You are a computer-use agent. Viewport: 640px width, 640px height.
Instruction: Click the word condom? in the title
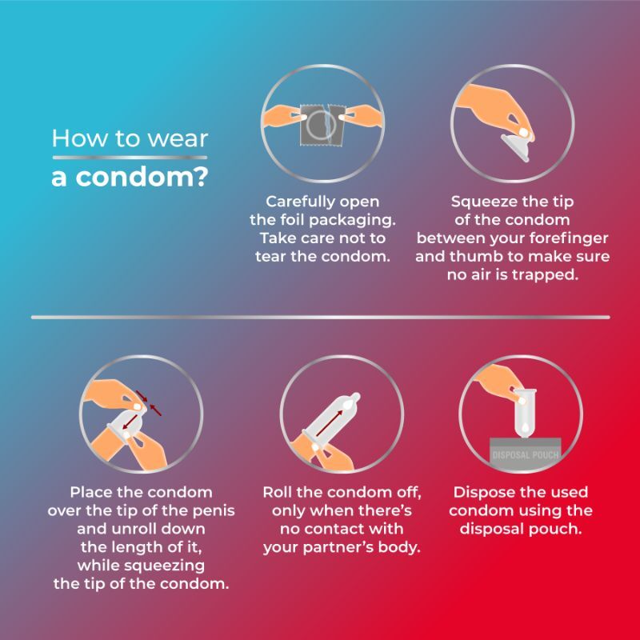pyautogui.click(x=142, y=177)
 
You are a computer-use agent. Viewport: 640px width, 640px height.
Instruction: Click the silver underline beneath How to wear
pyautogui.click(x=130, y=158)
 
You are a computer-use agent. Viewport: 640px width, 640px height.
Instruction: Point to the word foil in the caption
pyautogui.click(x=288, y=219)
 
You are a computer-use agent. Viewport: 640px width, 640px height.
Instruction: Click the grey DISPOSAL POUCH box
pyautogui.click(x=525, y=452)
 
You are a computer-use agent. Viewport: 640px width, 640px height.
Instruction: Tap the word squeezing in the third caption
pyautogui.click(x=164, y=566)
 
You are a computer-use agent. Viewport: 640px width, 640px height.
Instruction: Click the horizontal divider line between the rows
pyautogui.click(x=321, y=317)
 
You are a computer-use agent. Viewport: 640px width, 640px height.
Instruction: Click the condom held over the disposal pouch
pyautogui.click(x=525, y=413)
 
